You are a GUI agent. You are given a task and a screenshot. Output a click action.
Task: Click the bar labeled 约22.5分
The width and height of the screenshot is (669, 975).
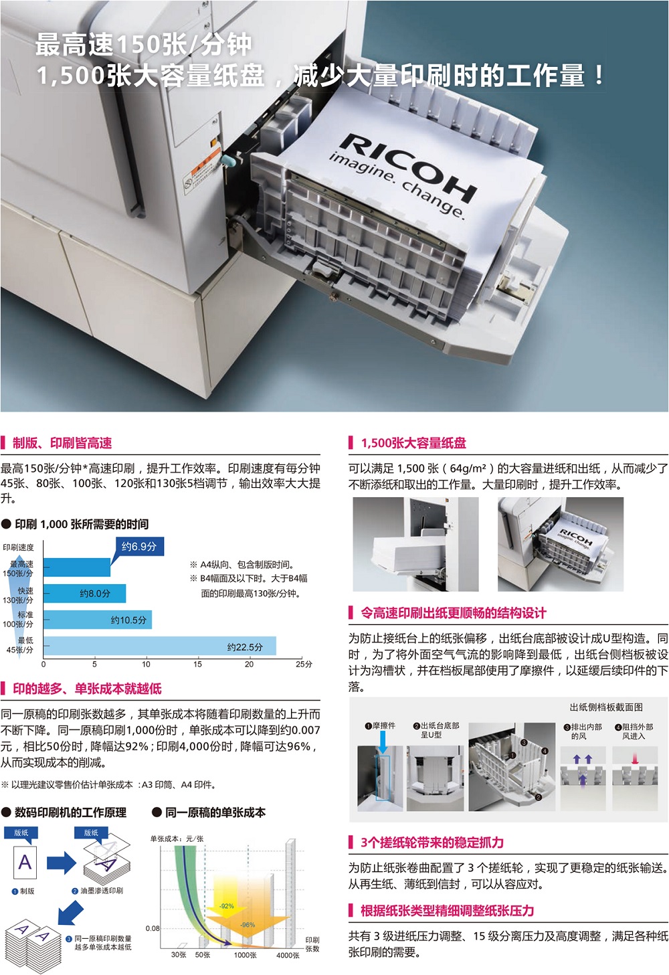(160, 646)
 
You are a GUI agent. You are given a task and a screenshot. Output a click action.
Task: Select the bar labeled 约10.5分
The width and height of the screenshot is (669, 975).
(98, 620)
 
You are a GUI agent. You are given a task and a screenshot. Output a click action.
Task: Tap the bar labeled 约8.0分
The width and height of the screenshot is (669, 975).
(84, 594)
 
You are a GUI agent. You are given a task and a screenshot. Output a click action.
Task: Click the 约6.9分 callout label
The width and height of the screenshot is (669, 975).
(139, 546)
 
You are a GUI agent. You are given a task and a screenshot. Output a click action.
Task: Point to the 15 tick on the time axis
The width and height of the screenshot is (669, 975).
(197, 664)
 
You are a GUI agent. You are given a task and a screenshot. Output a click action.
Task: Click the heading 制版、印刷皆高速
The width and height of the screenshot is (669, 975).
(62, 443)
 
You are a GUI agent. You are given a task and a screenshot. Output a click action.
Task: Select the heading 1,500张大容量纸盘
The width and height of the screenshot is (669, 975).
(413, 443)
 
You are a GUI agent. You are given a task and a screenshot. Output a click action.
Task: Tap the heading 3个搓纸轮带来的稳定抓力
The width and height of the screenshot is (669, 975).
(432, 843)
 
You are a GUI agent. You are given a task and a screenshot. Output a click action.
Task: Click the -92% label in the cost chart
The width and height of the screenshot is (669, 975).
(226, 906)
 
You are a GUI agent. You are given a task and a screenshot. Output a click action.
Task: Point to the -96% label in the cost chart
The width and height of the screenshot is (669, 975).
(248, 925)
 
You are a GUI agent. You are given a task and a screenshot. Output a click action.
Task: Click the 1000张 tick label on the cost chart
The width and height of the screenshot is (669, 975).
(245, 955)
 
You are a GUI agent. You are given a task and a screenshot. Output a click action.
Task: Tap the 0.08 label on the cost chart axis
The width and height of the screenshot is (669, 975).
(153, 928)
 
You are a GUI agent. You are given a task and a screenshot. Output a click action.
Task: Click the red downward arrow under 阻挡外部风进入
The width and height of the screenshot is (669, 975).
(635, 759)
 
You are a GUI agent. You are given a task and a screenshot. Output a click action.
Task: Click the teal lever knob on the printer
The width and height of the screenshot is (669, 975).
(228, 161)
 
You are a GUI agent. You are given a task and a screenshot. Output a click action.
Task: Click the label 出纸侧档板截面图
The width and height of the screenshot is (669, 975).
(606, 707)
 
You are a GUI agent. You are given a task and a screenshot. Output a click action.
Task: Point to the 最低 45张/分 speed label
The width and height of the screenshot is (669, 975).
(19, 645)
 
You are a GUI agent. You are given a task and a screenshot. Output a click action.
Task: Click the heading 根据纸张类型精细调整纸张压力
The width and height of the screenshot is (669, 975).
(447, 911)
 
